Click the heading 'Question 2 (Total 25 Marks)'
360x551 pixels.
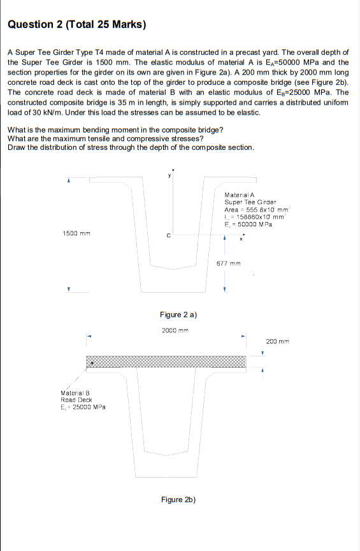coord(77,25)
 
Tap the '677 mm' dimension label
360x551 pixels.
coord(228,263)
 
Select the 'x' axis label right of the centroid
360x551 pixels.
coord(241,240)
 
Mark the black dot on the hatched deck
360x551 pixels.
coord(92,362)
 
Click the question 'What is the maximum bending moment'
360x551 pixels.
coord(115,130)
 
